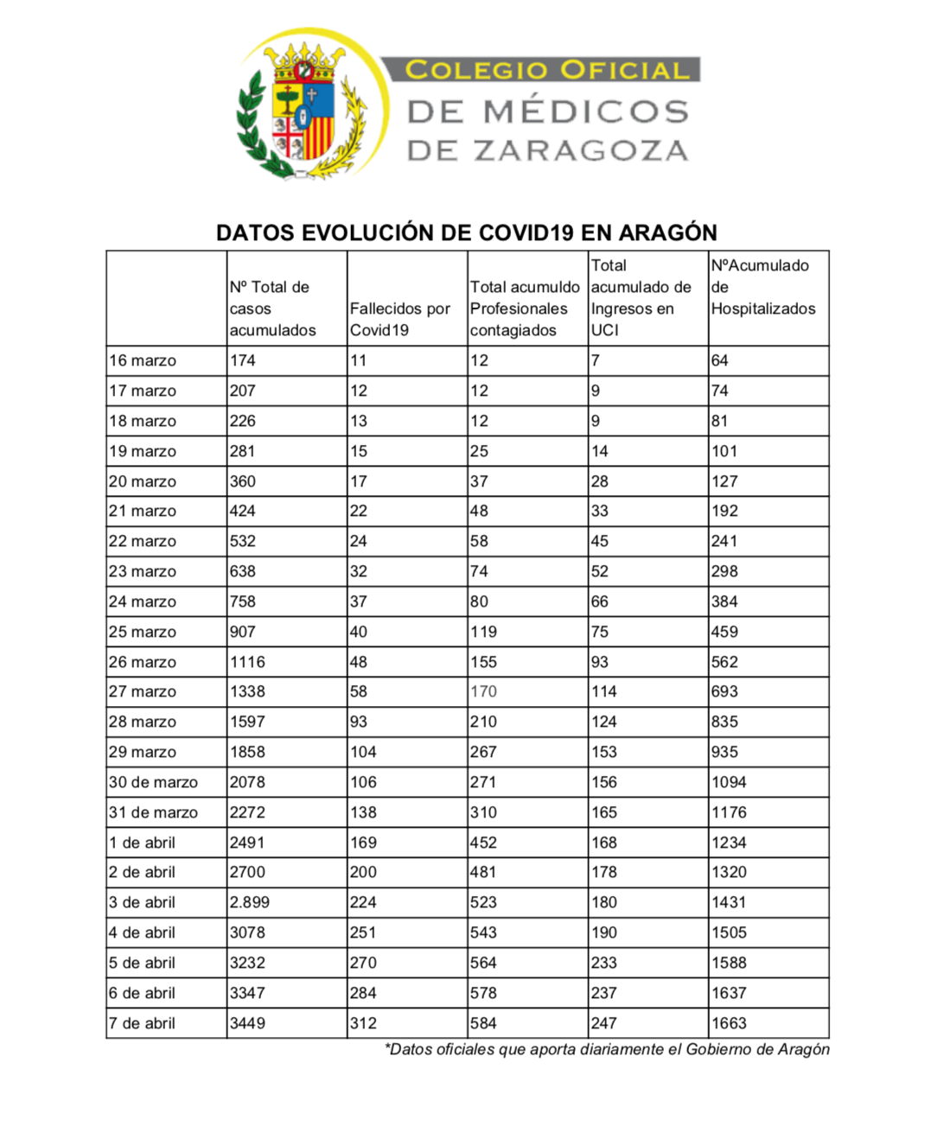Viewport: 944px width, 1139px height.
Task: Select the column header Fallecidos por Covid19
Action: point(399,319)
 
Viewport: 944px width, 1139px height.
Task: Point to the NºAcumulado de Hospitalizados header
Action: point(762,287)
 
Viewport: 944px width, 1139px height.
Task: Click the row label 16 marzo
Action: point(143,360)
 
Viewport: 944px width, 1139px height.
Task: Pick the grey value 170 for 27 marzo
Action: point(483,691)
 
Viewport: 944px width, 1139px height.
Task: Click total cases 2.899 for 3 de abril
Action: point(249,902)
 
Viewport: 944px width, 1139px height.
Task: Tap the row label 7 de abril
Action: point(142,1023)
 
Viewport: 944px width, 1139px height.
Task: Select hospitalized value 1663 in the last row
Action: point(729,1023)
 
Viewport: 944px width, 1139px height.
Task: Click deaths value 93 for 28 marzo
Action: point(359,722)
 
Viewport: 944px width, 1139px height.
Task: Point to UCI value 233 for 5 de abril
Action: point(604,963)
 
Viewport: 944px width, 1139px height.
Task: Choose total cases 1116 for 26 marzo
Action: point(247,662)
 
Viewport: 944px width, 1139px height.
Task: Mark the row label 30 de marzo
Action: point(153,782)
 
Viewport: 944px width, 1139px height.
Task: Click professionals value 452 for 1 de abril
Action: point(483,843)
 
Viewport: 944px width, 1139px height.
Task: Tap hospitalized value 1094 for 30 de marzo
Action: point(729,782)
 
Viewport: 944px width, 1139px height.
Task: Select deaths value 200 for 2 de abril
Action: point(363,872)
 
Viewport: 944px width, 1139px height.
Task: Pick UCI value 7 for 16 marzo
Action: point(595,360)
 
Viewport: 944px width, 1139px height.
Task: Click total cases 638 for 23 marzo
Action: point(243,571)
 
